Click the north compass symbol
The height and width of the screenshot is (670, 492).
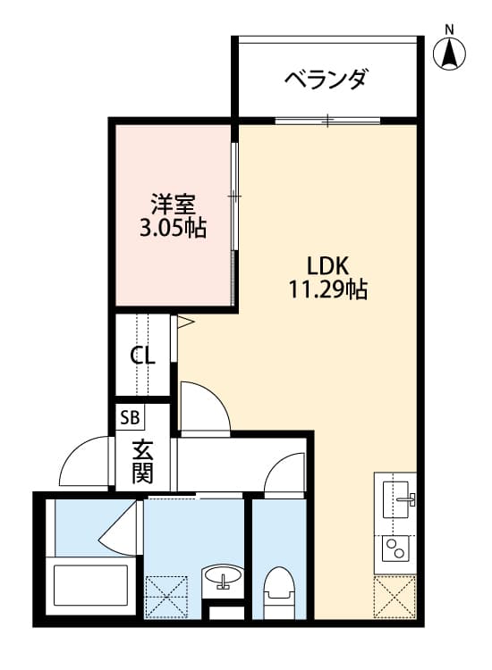point(451,54)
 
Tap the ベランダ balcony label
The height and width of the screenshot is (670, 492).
point(326,80)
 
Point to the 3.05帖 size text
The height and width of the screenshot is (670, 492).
point(172,228)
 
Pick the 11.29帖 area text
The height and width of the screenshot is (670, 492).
point(327,289)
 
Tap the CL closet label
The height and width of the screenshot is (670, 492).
point(143,356)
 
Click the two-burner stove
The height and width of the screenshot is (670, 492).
point(394,547)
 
